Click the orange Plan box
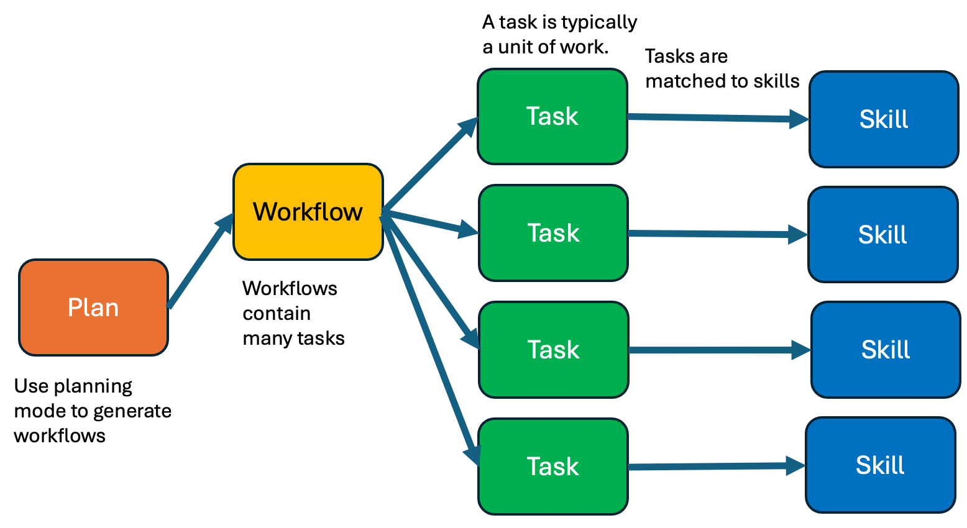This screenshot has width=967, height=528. (93, 307)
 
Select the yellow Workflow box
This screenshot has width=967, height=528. (308, 212)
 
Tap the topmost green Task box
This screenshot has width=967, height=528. (552, 117)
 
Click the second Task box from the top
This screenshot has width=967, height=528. (553, 233)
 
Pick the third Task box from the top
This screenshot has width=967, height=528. (553, 350)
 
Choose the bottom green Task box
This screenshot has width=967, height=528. (552, 467)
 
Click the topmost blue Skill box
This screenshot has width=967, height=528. (883, 119)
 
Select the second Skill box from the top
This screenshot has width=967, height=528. (882, 235)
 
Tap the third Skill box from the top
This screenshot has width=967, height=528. (885, 350)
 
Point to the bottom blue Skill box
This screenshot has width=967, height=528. (880, 465)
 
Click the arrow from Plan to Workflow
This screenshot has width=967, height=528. (199, 263)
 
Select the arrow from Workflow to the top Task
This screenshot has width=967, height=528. (429, 165)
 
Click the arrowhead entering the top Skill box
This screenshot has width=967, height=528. (798, 119)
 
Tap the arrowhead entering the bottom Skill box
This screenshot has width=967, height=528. (795, 465)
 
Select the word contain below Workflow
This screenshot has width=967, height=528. (277, 314)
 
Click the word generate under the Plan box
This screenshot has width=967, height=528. (131, 411)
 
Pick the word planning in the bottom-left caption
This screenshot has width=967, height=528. (93, 386)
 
